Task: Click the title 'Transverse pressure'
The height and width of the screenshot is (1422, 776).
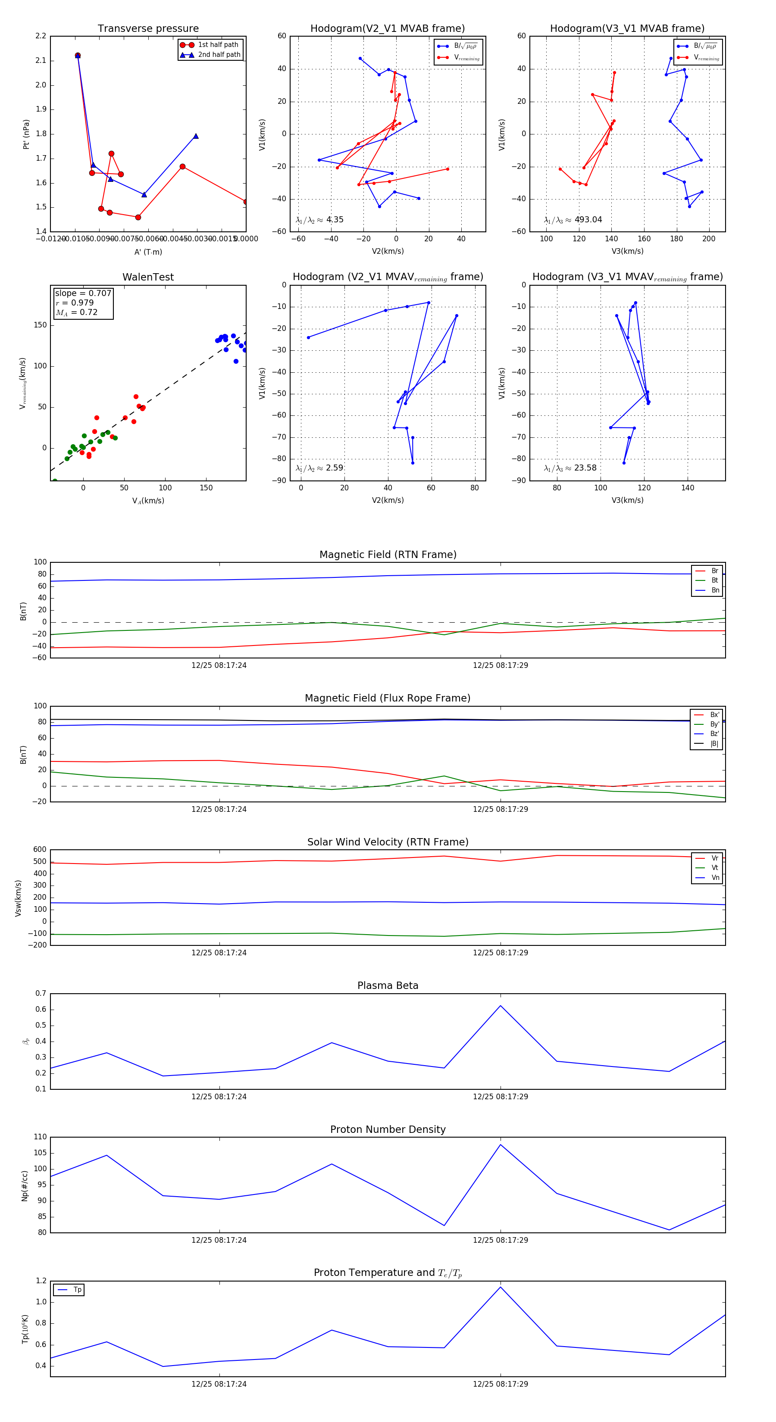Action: [x=148, y=29]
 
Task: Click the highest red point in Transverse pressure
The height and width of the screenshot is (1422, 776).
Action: [x=77, y=55]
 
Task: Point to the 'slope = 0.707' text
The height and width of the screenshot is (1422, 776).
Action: [x=83, y=293]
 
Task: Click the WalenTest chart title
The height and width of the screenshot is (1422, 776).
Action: [x=148, y=277]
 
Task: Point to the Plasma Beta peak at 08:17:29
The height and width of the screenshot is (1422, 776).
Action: [x=501, y=1005]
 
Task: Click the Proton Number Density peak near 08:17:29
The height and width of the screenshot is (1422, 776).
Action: [x=501, y=1144]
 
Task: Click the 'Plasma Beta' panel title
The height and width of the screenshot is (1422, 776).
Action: [x=388, y=985]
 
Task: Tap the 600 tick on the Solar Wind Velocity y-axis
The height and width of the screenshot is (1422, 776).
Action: [x=40, y=850]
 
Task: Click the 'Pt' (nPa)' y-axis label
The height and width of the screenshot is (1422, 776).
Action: [x=25, y=134]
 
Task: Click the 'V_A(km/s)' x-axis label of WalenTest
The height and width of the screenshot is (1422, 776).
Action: [x=148, y=501]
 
